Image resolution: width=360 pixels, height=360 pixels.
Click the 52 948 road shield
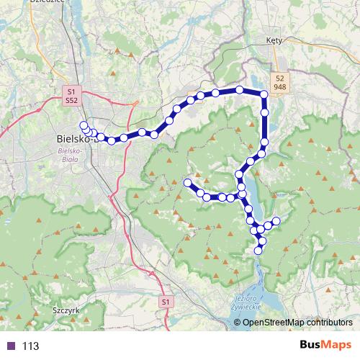279,81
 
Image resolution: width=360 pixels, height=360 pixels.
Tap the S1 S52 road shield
71,97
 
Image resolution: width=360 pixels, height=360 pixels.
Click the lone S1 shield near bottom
166,301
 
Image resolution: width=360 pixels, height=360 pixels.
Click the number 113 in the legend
30,346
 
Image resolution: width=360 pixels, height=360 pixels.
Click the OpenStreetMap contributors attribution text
297,323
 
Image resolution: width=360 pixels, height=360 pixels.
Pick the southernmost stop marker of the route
259,250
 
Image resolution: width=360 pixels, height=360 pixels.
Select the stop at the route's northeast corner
264,94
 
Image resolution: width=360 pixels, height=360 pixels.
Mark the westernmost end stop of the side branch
188,183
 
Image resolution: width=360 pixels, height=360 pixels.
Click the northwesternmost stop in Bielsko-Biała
84,125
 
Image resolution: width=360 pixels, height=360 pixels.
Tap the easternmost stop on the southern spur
276,220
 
